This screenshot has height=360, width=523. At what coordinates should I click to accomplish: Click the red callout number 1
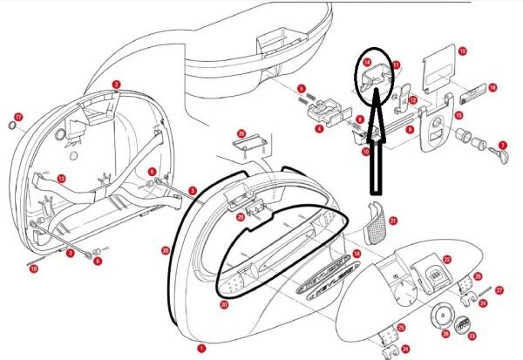(x=202, y=347)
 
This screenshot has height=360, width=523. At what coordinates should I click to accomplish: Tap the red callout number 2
(x=116, y=85)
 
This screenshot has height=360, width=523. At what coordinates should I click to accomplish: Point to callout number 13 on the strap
(x=61, y=179)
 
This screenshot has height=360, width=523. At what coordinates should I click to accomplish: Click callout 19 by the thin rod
(x=34, y=269)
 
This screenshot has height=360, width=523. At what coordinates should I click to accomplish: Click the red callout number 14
(x=368, y=64)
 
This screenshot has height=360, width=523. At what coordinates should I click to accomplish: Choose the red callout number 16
(x=492, y=87)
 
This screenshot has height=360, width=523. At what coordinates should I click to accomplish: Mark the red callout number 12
(x=414, y=101)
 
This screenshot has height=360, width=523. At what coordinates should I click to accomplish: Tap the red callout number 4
(x=319, y=128)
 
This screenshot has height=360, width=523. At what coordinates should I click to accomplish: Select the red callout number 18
(x=355, y=254)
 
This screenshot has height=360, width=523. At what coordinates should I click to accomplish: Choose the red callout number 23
(x=472, y=335)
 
